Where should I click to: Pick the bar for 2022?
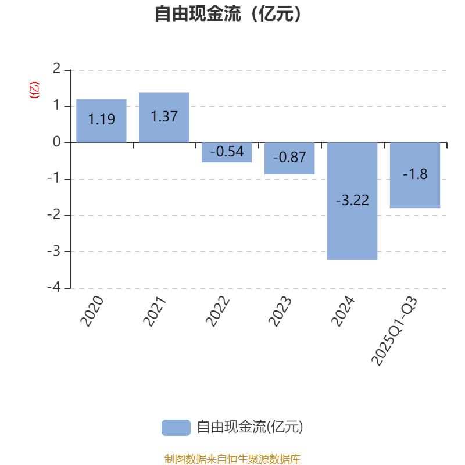(x=227, y=152)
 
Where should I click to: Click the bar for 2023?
(x=289, y=158)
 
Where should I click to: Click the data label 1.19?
(x=101, y=120)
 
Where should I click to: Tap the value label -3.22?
(x=352, y=201)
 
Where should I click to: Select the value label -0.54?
(x=227, y=152)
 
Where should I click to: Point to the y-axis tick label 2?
(x=56, y=69)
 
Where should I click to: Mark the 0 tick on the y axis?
(x=56, y=142)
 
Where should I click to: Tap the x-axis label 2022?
(x=218, y=312)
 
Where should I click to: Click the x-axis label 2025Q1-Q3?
(x=395, y=330)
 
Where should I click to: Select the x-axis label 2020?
(x=92, y=312)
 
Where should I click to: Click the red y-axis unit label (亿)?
(x=34, y=90)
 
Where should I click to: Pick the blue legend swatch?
(x=176, y=427)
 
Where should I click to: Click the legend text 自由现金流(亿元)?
(x=250, y=427)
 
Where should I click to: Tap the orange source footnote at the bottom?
(x=233, y=459)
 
